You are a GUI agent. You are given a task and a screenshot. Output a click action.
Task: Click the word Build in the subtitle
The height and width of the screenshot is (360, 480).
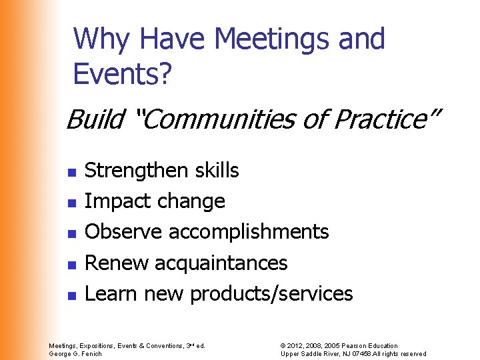pos(94,120)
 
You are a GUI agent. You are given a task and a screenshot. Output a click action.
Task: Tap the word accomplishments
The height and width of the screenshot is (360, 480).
pos(249,232)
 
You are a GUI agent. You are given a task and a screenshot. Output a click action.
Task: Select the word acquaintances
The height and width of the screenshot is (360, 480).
pos(221,263)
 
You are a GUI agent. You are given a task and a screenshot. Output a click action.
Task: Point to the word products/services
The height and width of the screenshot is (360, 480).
pos(271,293)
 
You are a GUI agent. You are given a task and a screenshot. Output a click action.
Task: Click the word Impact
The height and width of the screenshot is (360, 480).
pos(116,201)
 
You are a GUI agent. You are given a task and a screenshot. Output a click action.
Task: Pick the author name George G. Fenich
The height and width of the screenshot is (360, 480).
pos(75,353)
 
